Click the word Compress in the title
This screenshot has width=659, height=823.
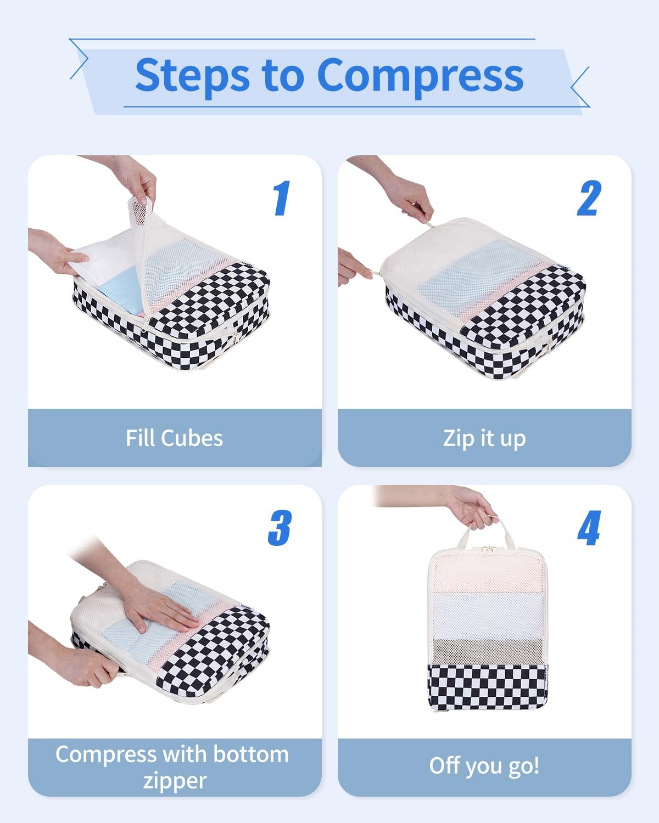pos(420,76)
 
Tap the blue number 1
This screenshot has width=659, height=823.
pos(281,198)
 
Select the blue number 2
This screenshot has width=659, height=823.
pos(589,198)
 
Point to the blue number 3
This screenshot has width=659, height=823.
pos(280,528)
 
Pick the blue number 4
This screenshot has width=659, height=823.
pos(589,528)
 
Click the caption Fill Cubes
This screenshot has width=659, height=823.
pos(174,438)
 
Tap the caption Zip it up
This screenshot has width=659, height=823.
pos(484,438)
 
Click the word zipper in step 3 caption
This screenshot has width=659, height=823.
pos(174,780)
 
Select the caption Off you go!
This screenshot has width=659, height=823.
pos(484,765)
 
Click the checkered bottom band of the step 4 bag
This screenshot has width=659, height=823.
pos(488,686)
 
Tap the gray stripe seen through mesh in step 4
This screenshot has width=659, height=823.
pos(488,650)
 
